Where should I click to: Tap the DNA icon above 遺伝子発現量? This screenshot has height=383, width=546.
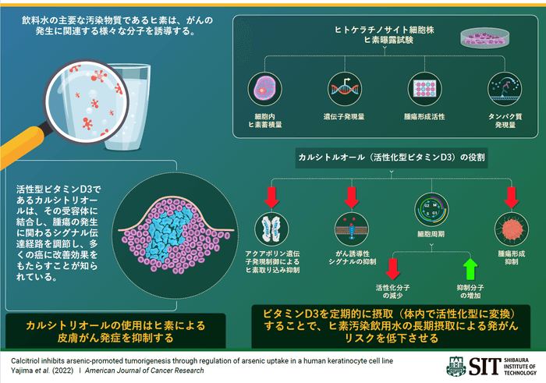click(343, 88)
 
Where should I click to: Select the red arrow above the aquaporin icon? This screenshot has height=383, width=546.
click(271, 198)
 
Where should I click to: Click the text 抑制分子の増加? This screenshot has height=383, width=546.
click(470, 292)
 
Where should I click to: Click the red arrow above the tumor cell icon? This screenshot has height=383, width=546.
click(511, 198)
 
